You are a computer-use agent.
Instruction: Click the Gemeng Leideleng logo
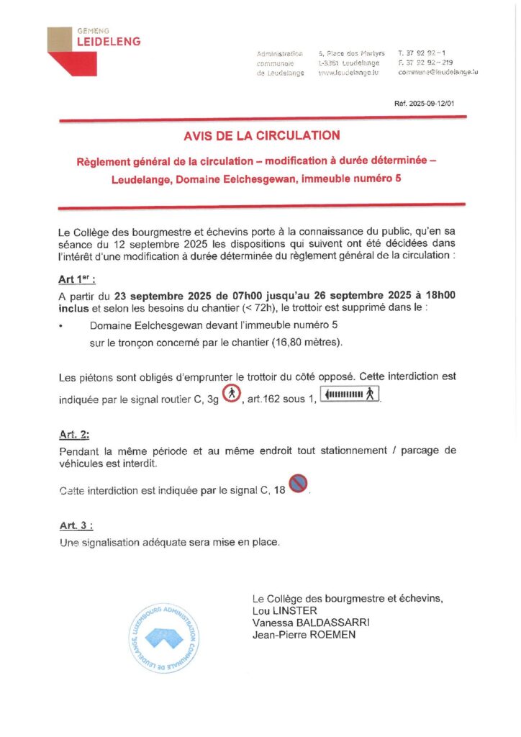[94, 50]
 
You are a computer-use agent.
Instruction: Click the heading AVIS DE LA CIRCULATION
[261, 135]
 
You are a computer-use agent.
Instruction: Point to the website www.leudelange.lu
[348, 73]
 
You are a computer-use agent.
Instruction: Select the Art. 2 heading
[74, 435]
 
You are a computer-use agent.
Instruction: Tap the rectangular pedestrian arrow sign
[350, 394]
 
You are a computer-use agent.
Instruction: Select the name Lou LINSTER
[284, 610]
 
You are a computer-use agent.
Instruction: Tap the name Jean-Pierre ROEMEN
[304, 635]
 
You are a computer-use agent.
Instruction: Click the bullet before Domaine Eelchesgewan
[62, 326]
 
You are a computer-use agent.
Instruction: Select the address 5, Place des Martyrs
[351, 53]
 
